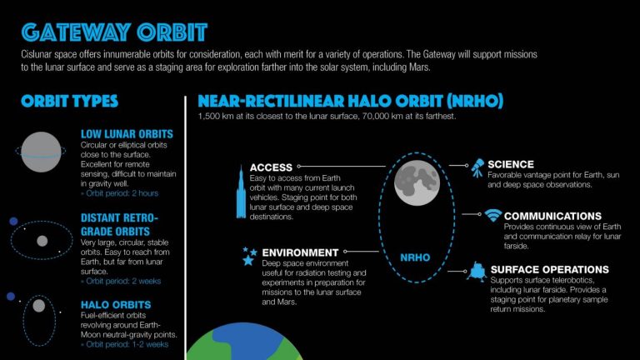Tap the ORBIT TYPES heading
(70, 102)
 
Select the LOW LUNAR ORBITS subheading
(127, 134)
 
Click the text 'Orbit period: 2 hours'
(122, 193)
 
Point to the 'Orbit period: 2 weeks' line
(122, 281)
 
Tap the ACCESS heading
(271, 167)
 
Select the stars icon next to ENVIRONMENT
(247, 255)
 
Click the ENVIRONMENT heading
(300, 252)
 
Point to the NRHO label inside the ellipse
(414, 257)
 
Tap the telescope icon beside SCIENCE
(477, 166)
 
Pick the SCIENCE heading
(511, 164)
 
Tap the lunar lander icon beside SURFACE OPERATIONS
(477, 271)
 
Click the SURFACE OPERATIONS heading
(550, 270)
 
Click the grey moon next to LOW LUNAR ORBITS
(41, 151)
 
